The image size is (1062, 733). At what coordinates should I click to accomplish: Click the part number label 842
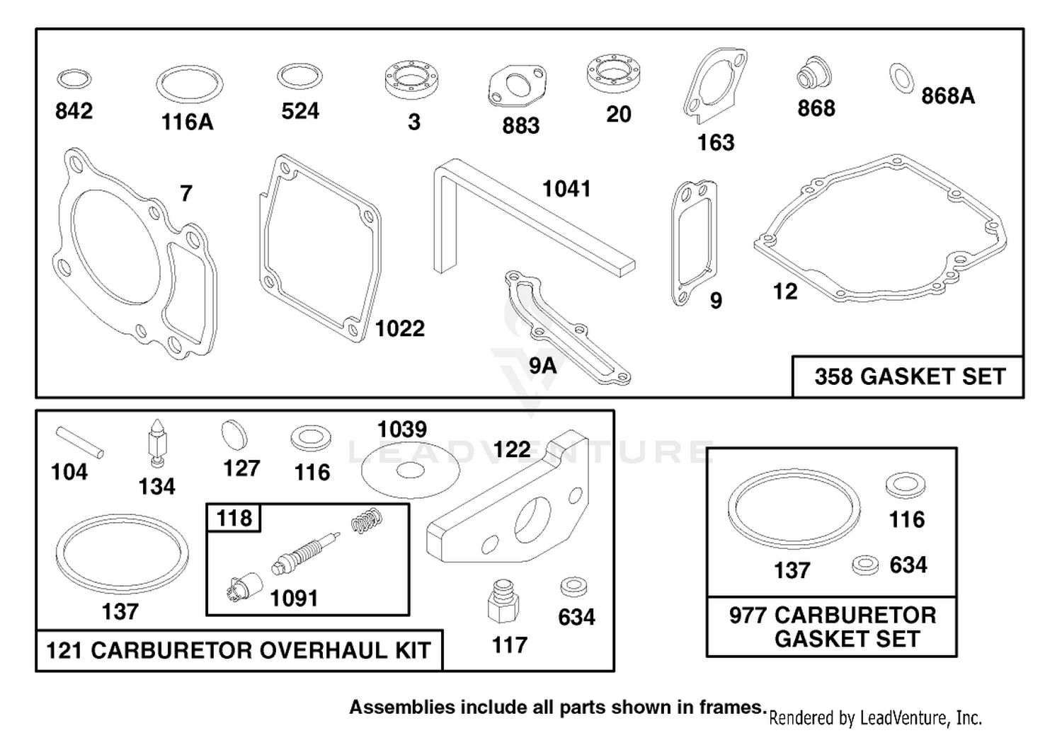click(74, 111)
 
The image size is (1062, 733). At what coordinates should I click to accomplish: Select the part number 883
click(521, 126)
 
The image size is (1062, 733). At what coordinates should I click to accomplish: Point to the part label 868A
click(948, 96)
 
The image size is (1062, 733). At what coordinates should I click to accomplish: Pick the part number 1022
click(400, 328)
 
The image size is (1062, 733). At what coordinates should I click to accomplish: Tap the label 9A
click(543, 366)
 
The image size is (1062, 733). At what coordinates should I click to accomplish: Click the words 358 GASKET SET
click(910, 377)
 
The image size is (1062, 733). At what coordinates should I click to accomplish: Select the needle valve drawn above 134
click(156, 443)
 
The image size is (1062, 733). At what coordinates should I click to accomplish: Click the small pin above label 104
click(79, 442)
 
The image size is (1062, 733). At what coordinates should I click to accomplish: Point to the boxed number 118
click(234, 519)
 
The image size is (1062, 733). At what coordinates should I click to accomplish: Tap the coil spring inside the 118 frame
click(367, 521)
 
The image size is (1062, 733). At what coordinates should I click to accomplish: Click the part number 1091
click(294, 599)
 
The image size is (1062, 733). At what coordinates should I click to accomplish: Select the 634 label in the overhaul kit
click(576, 618)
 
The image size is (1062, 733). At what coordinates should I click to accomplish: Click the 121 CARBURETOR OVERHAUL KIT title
click(239, 650)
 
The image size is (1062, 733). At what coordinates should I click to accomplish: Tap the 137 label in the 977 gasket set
click(792, 570)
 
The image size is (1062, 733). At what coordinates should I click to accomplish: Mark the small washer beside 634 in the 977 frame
click(864, 565)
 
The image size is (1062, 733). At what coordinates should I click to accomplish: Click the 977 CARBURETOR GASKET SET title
click(833, 627)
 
